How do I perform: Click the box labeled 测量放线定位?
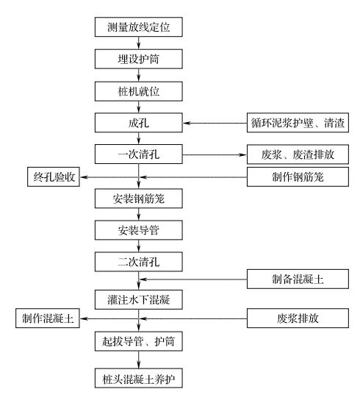(x=139, y=27)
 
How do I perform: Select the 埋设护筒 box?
(x=139, y=59)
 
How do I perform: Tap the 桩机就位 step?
(x=139, y=91)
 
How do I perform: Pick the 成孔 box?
(x=139, y=123)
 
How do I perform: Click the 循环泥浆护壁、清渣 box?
(x=298, y=123)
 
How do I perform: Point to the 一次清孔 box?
(x=139, y=154)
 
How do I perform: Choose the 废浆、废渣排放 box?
(x=298, y=154)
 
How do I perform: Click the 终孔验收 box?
(x=54, y=176)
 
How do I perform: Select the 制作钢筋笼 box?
(x=298, y=176)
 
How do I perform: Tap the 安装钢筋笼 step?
(x=139, y=199)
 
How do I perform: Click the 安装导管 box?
(x=139, y=230)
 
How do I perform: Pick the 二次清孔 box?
(x=139, y=262)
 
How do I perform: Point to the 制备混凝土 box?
(x=298, y=279)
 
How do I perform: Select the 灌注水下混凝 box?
(x=139, y=300)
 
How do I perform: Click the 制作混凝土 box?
(x=48, y=318)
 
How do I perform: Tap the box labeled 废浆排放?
(x=298, y=318)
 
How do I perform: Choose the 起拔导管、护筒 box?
(x=139, y=341)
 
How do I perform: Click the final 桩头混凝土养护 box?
(x=139, y=378)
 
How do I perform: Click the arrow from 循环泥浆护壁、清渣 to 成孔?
(x=215, y=123)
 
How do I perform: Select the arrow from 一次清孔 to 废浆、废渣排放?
(x=215, y=154)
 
